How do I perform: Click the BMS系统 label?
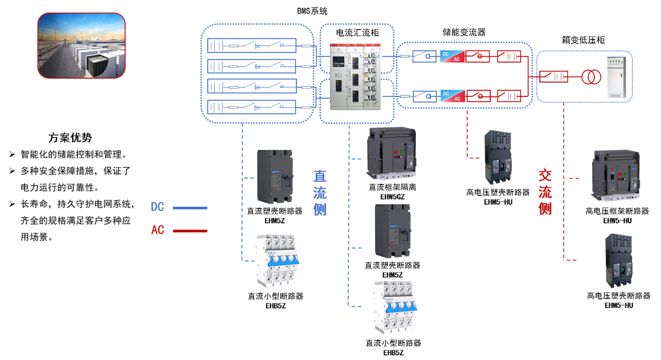[x=312, y=11]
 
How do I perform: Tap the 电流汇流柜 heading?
[x=357, y=34]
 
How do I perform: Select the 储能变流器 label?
[x=464, y=32]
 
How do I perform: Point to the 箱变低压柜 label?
[x=583, y=40]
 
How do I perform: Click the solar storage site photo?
[x=81, y=46]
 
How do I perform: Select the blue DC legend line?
[x=190, y=208]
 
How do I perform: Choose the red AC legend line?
[x=190, y=231]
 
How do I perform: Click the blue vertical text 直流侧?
[x=320, y=192]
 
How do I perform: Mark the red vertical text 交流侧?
[x=545, y=192]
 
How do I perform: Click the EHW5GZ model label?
[x=392, y=196]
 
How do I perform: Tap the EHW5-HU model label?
[x=617, y=220]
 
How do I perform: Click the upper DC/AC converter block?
[x=451, y=56]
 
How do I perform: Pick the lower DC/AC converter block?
[x=451, y=96]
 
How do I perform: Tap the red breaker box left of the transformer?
[x=554, y=77]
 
